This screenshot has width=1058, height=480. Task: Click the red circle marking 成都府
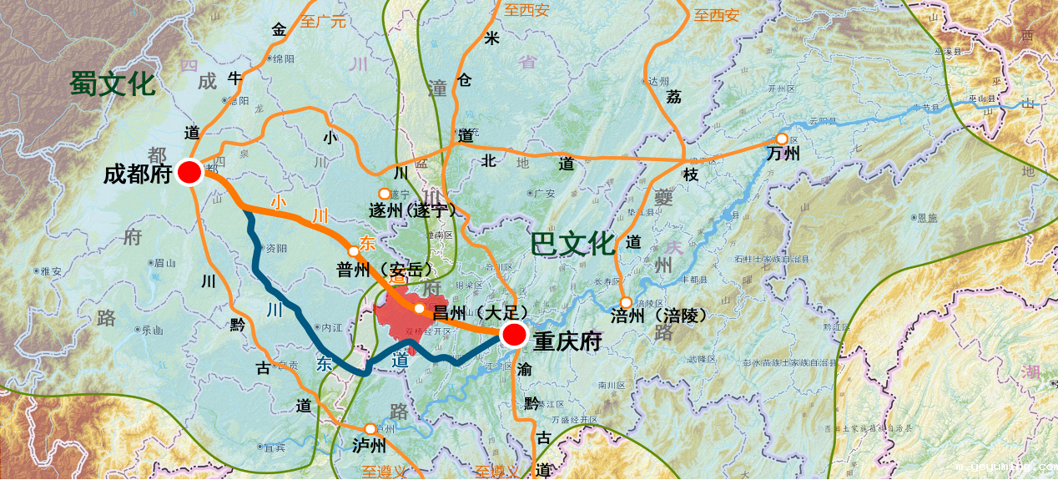[190, 172]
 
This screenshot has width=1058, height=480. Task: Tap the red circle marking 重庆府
[514, 336]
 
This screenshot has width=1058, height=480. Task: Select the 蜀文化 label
[113, 83]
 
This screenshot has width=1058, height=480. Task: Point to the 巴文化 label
[573, 244]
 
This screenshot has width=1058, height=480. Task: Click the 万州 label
[783, 154]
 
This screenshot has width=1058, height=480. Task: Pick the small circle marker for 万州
[782, 139]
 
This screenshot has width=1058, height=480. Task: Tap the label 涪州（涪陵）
[658, 316]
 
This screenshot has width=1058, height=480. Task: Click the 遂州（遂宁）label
[418, 210]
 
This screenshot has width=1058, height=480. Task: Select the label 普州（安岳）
[385, 270]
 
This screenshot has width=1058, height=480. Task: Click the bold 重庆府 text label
[567, 341]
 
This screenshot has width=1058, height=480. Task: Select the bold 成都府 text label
[138, 174]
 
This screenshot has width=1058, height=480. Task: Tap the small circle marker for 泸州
[370, 429]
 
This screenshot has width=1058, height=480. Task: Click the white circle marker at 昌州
[420, 308]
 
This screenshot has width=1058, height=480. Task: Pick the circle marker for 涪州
[626, 302]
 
